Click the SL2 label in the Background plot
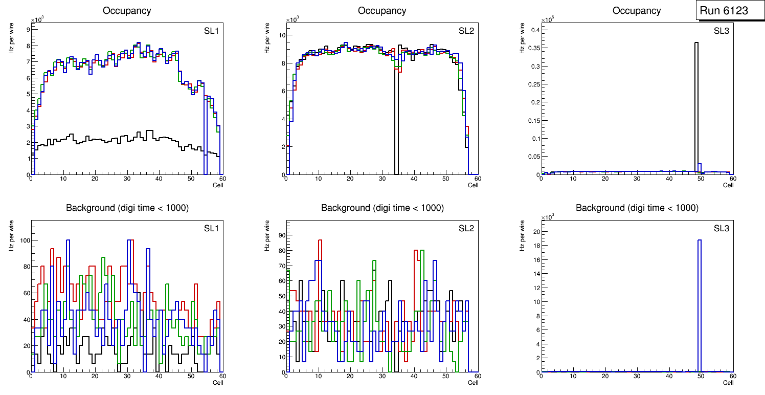coord(466,228)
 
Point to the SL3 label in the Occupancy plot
coord(722,31)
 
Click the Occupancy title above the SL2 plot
coord(382,11)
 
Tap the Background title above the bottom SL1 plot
coord(127,208)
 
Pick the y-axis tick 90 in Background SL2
coord(280,235)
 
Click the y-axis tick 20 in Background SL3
coord(534,232)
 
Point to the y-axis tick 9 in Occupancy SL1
coord(27,29)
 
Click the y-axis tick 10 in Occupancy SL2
coord(281,35)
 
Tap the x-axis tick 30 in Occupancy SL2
coord(381,179)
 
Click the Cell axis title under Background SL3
coord(728,382)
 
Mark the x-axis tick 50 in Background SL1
coord(190,376)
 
